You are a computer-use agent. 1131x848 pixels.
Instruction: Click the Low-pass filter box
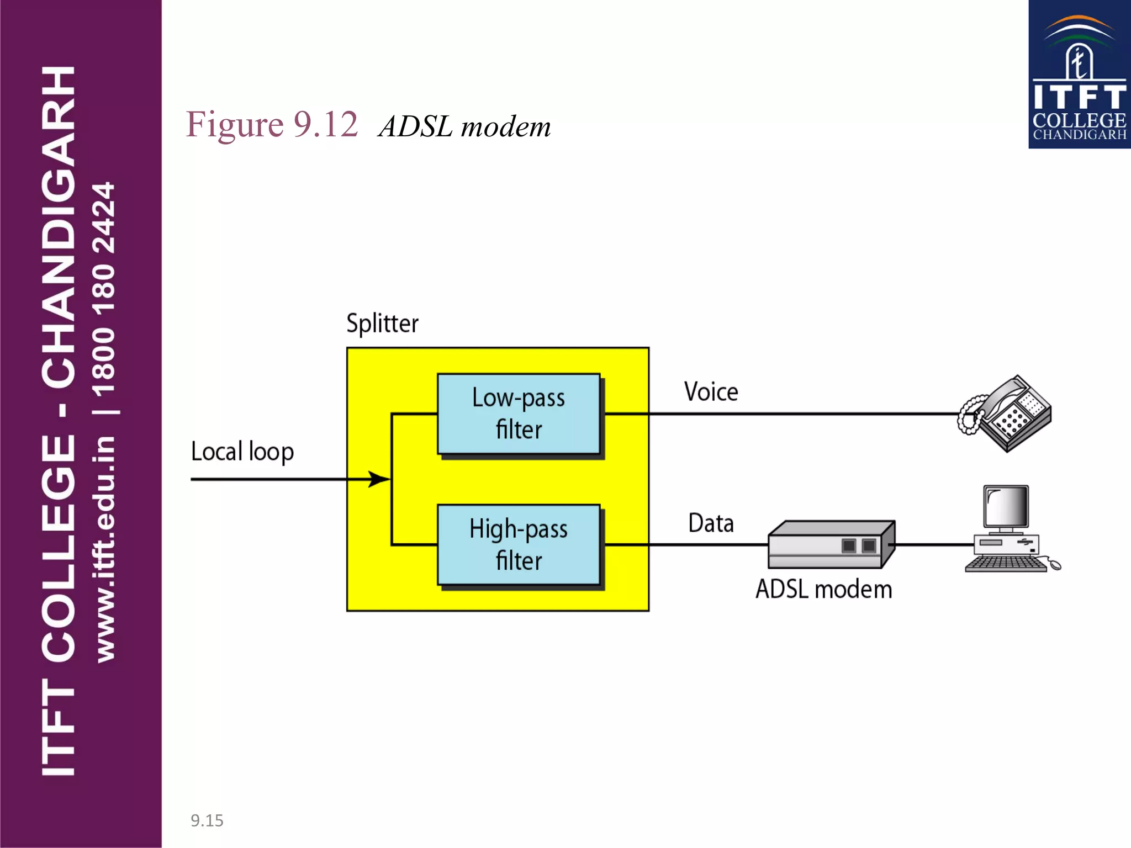pyautogui.click(x=518, y=414)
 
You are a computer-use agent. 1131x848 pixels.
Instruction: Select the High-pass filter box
pyautogui.click(x=518, y=544)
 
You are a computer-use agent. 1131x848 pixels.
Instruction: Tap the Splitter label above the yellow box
pyautogui.click(x=382, y=323)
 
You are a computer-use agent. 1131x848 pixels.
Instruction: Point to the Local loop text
pyautogui.click(x=242, y=452)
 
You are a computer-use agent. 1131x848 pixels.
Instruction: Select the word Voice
pyautogui.click(x=711, y=392)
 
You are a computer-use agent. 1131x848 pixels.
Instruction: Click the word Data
pyautogui.click(x=711, y=523)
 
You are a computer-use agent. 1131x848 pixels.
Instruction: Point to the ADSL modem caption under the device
pyautogui.click(x=823, y=589)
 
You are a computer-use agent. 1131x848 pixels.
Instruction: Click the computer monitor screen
pyautogui.click(x=1006, y=507)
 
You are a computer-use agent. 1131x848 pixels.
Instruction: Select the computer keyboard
pyautogui.click(x=1005, y=564)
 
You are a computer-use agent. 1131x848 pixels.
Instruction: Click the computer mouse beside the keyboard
pyautogui.click(x=1054, y=565)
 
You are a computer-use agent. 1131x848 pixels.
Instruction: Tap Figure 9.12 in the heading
pyautogui.click(x=272, y=124)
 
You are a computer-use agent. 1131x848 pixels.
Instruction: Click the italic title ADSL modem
pyautogui.click(x=464, y=126)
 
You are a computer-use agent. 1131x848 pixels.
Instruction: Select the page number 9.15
pyautogui.click(x=207, y=820)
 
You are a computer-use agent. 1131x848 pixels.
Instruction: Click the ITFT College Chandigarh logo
pyautogui.click(x=1079, y=75)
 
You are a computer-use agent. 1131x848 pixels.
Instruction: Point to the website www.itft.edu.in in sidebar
pyautogui.click(x=105, y=549)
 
